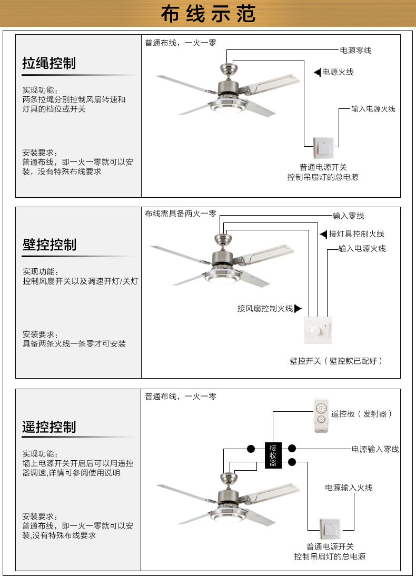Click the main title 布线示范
tap(208, 14)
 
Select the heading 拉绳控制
tap(49, 63)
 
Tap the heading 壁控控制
tap(49, 245)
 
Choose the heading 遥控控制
tap(49, 427)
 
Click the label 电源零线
tap(355, 50)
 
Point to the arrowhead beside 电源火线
tap(317, 72)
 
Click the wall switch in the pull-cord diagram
tap(324, 148)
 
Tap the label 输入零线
tap(348, 216)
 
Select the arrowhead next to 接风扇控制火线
tap(298, 309)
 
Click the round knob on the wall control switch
tap(315, 331)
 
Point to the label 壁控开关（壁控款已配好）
tap(336, 361)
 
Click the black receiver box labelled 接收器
tap(273, 455)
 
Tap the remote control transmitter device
tap(321, 415)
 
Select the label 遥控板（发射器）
tap(361, 414)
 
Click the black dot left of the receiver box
tap(251, 449)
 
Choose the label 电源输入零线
tap(375, 449)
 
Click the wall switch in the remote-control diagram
tap(330, 530)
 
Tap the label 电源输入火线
tap(349, 488)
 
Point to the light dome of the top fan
tap(227, 108)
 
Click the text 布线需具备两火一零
tap(181, 214)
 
